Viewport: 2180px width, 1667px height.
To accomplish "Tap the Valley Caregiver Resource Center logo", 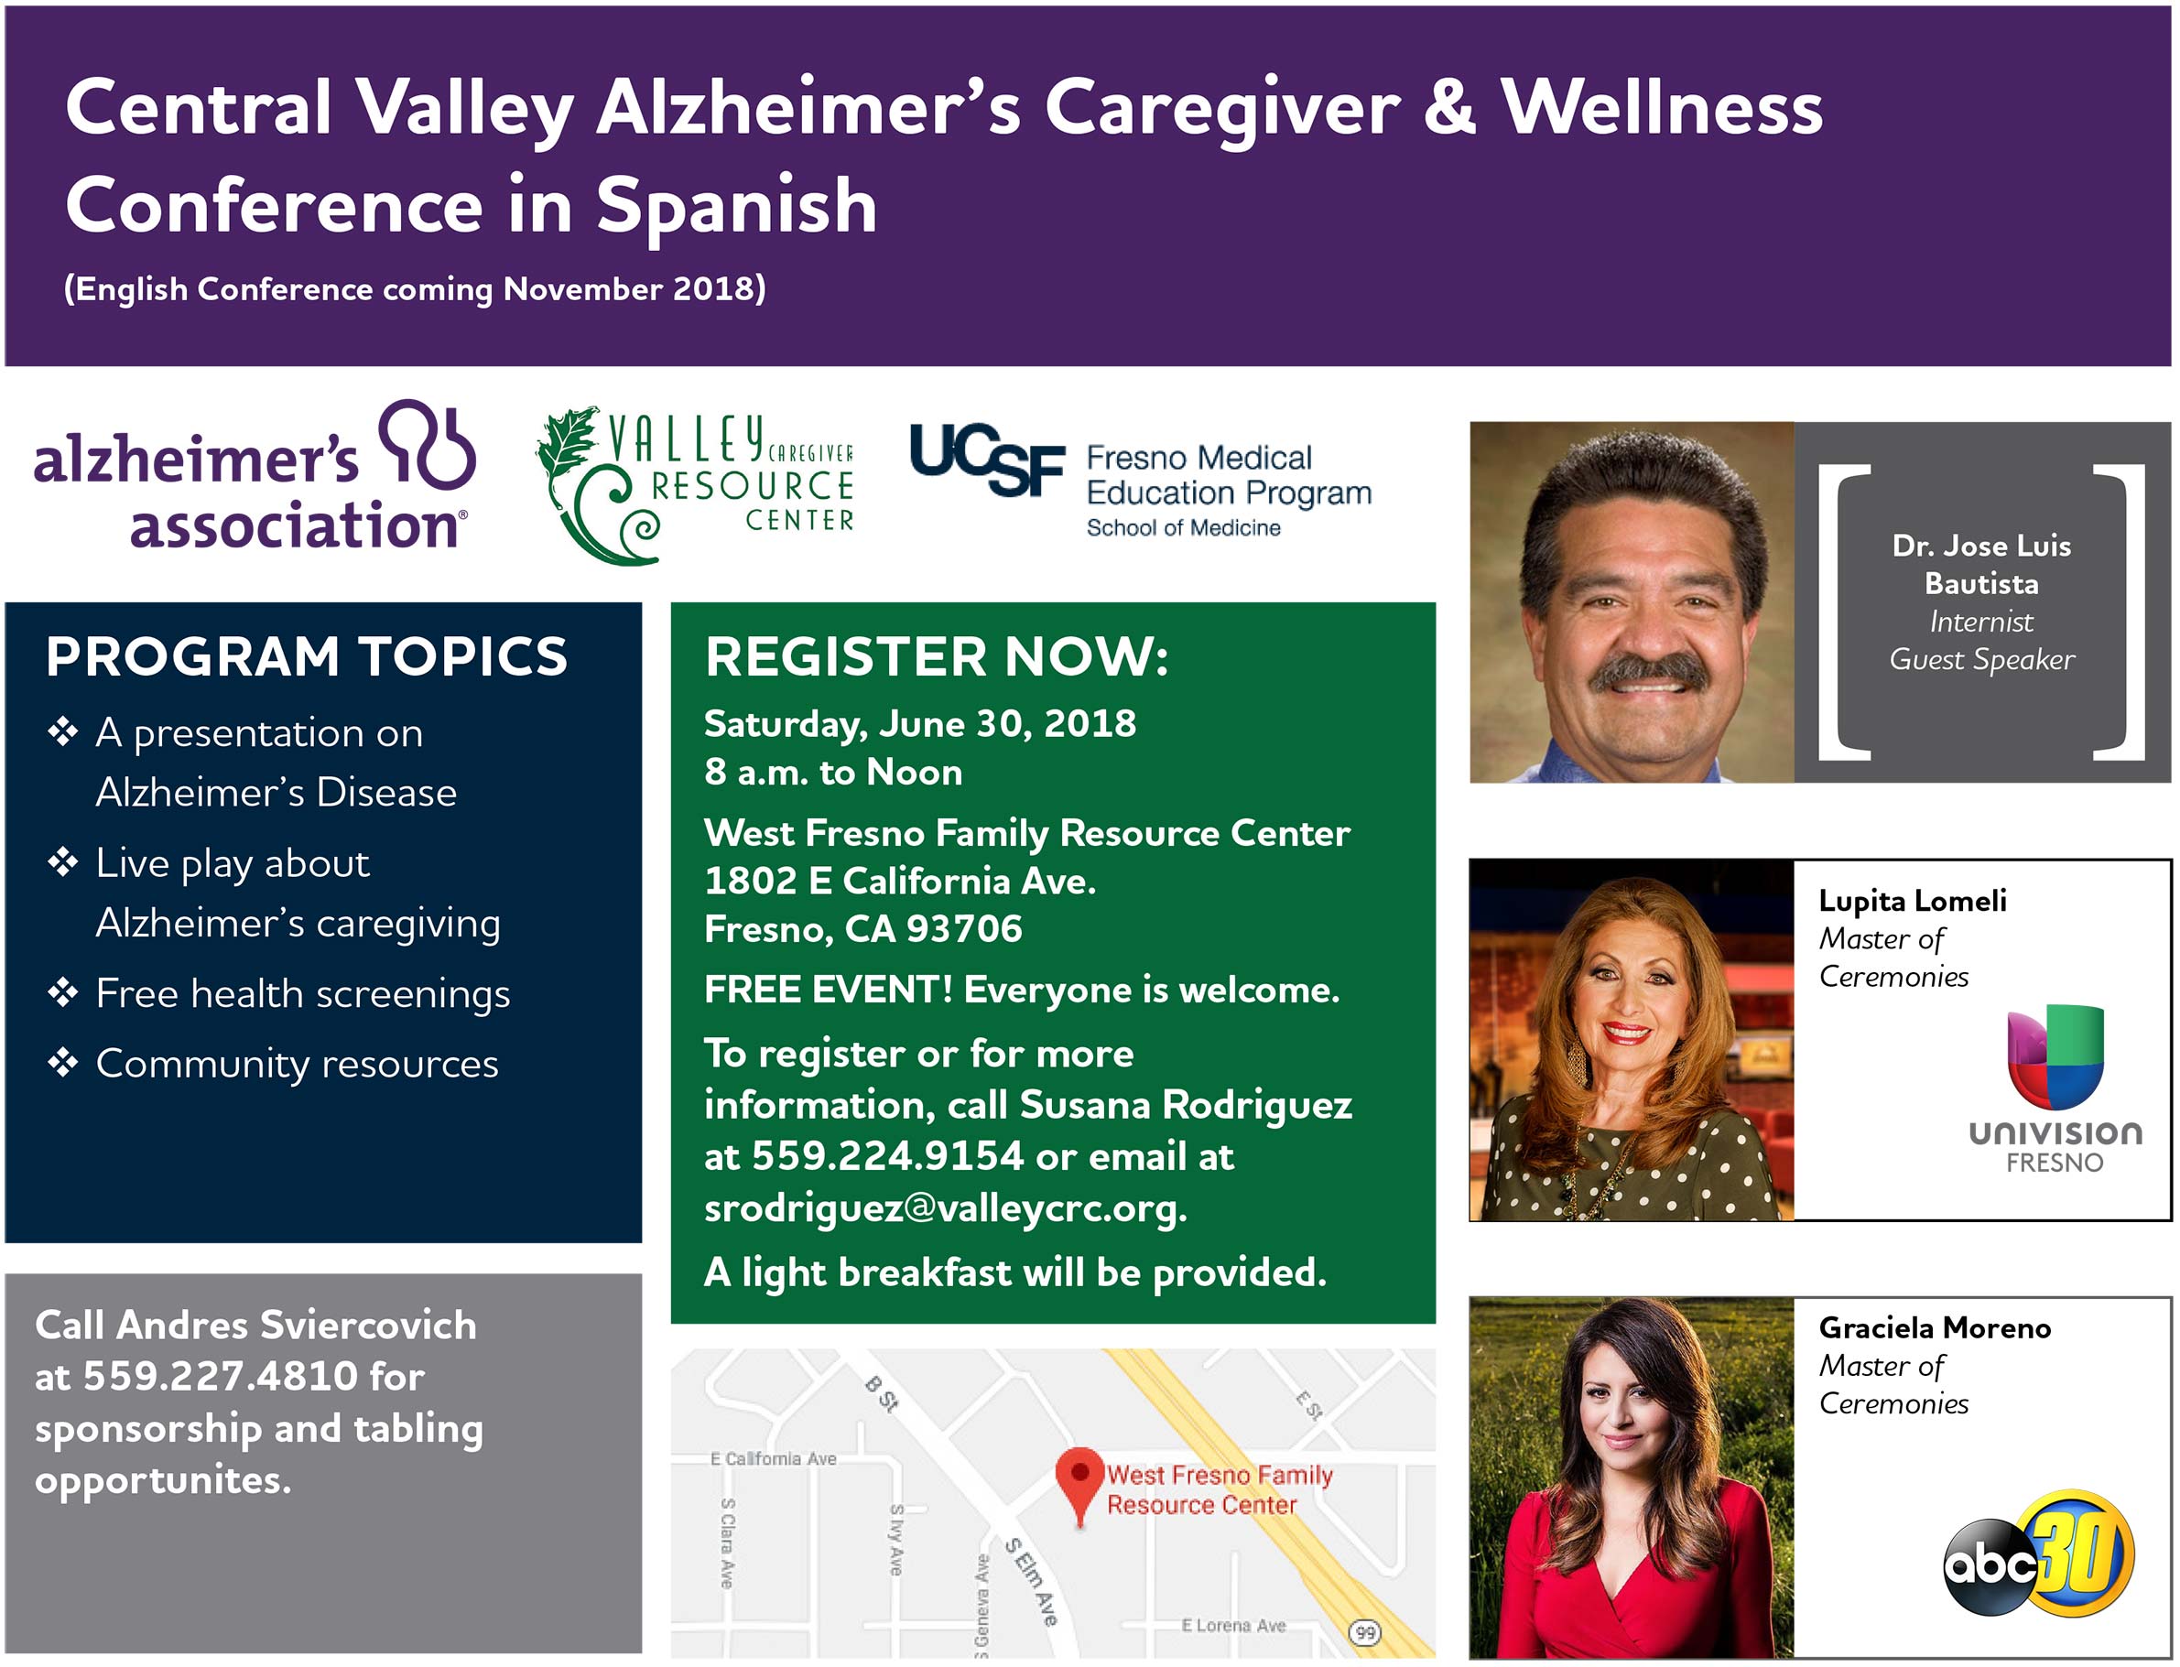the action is [x=695, y=485].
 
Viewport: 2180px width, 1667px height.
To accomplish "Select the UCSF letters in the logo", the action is [x=987, y=459].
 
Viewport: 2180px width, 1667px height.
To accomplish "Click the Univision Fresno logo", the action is [x=2055, y=1088].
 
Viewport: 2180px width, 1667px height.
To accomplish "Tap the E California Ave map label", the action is [x=773, y=1458].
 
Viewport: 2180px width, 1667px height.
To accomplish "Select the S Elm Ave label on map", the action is [x=1031, y=1582].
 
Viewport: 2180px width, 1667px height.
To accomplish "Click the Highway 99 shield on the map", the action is [x=1365, y=1632].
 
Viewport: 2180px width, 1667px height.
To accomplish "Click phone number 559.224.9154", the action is [x=887, y=1156].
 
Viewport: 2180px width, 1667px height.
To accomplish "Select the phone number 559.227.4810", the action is [x=221, y=1376].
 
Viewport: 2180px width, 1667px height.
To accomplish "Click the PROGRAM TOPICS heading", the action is [x=307, y=657].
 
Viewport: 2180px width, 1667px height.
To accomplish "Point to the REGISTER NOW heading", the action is [x=938, y=657].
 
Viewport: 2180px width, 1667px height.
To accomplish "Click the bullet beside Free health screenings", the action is [x=62, y=992].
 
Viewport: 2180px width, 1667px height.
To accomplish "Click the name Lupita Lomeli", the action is [x=1913, y=900].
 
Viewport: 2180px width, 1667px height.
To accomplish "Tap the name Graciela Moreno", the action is [x=1935, y=1327].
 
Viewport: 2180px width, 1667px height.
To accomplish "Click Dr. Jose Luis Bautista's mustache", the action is [x=1648, y=675].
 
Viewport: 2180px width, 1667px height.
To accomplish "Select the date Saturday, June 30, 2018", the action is [x=920, y=724].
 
